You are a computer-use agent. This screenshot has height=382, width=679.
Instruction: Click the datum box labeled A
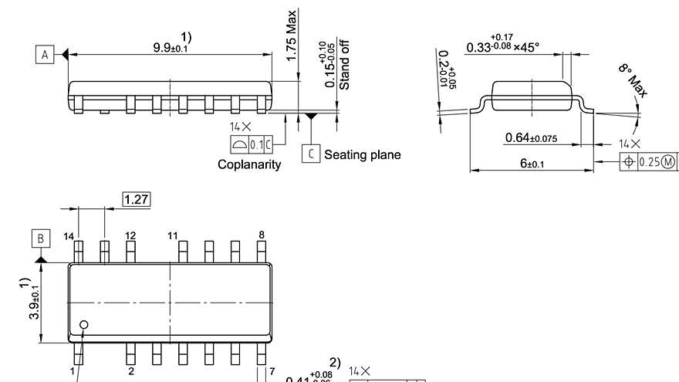[45, 55]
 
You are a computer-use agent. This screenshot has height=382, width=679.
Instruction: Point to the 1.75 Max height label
[292, 35]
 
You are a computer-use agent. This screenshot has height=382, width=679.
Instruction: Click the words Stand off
[344, 65]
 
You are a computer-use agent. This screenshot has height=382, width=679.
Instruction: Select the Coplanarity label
[249, 164]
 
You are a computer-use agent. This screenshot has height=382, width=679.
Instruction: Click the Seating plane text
[362, 154]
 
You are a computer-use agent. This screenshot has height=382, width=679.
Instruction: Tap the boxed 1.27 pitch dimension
[137, 200]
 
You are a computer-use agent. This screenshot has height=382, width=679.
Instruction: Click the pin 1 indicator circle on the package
[84, 325]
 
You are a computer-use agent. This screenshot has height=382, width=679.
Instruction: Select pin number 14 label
[69, 235]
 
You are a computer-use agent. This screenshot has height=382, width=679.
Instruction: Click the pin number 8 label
[262, 235]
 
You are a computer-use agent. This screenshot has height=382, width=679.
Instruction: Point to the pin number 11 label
[172, 235]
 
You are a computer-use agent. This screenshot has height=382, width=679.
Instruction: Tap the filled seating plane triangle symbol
[311, 117]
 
